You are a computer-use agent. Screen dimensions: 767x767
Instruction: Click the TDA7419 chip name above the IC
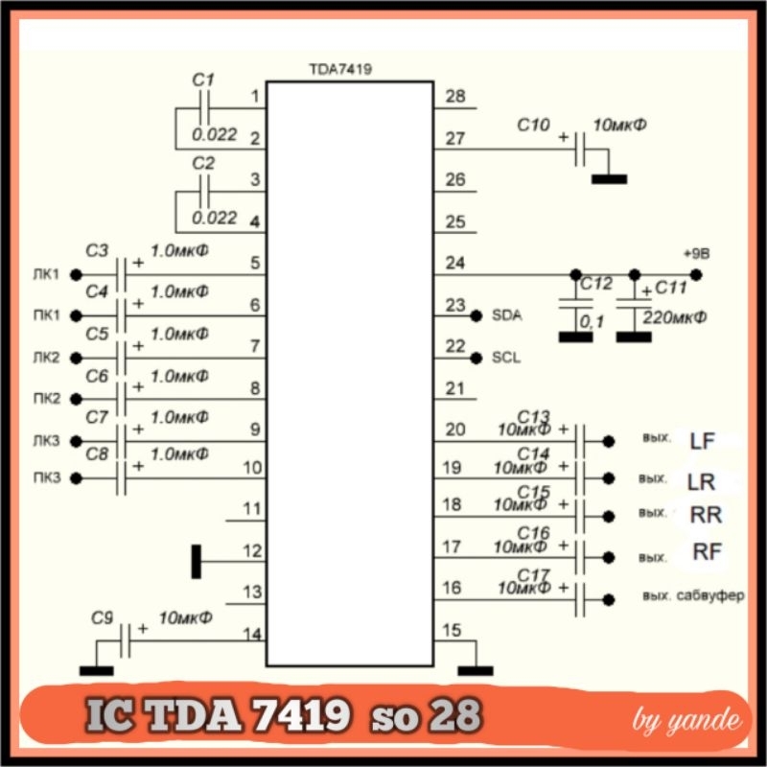[x=340, y=70]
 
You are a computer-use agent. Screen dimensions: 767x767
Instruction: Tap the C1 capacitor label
[x=203, y=81]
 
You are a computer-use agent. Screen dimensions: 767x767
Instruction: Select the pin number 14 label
[x=251, y=633]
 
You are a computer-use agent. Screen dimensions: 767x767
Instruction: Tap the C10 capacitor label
[x=533, y=125]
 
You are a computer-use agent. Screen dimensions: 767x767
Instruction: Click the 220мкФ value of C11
[x=676, y=317]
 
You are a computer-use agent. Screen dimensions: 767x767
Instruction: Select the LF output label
[x=702, y=441]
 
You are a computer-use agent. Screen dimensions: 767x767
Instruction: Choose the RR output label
[x=706, y=515]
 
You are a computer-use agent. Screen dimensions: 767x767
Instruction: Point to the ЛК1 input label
[x=45, y=274]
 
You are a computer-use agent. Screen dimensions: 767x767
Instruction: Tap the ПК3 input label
[x=45, y=477]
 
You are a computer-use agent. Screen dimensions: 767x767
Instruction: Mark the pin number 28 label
[x=455, y=97]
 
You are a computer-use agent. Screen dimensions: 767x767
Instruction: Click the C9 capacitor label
[x=103, y=618]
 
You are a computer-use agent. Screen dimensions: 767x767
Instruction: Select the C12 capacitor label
[x=595, y=285]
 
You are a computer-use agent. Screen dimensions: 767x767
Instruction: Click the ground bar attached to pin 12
[x=197, y=561]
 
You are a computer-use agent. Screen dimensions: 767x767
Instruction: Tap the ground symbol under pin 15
[x=476, y=670]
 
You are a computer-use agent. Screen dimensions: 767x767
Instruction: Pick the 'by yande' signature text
[x=686, y=720]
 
